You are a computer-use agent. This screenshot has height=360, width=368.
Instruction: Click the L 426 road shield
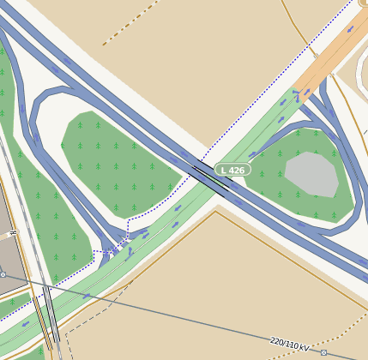pos(232,170)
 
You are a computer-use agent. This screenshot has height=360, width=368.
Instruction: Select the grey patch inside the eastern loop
pos(311,173)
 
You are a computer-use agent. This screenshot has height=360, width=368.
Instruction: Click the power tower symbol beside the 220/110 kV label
pos(323,352)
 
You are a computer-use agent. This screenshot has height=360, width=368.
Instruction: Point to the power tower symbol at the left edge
pos(3,274)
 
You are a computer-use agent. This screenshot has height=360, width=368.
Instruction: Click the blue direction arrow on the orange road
pos(351,29)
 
